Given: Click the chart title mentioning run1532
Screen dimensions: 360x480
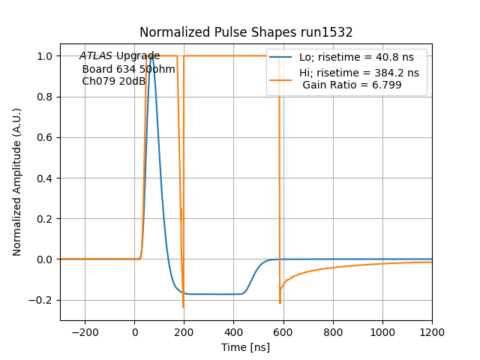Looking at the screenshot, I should pyautogui.click(x=246, y=32).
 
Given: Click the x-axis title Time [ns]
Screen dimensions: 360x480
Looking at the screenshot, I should pyautogui.click(x=246, y=347).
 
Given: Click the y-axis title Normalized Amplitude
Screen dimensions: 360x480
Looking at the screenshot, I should pyautogui.click(x=17, y=181).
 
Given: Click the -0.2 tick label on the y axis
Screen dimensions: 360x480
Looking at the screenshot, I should pyautogui.click(x=43, y=300).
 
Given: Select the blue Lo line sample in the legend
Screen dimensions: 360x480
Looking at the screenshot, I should pyautogui.click(x=281, y=57).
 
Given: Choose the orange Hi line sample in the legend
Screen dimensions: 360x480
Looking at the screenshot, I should pyautogui.click(x=281, y=73).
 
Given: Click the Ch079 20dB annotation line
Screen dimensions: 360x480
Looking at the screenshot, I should pyautogui.click(x=113, y=82).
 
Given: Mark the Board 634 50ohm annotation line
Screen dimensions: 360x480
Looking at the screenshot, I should pyautogui.click(x=128, y=69).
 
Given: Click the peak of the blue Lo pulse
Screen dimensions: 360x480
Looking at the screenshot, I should pyautogui.click(x=151, y=56).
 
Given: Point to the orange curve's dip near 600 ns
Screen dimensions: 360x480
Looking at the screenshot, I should pyautogui.click(x=280, y=302).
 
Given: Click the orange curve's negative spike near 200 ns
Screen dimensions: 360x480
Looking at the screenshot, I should pyautogui.click(x=183, y=306).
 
